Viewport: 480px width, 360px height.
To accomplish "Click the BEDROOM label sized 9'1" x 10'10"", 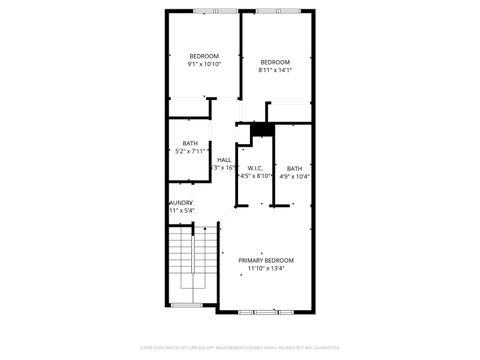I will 204,55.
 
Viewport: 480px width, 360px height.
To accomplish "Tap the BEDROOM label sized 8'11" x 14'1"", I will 274,62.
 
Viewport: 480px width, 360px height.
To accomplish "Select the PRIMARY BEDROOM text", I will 265,260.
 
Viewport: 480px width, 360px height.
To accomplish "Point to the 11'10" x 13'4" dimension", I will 265,268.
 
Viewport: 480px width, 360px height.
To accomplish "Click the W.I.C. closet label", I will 256,168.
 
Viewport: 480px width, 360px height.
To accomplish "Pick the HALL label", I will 224,160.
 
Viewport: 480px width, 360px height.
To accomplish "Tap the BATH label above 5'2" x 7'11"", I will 190,143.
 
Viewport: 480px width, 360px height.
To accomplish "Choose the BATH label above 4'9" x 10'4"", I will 294,168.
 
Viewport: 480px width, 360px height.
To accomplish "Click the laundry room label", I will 181,203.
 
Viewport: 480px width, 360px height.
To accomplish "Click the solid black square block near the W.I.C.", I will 262,128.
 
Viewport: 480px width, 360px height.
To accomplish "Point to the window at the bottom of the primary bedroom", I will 265,311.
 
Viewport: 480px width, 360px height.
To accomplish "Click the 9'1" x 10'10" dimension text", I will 204,63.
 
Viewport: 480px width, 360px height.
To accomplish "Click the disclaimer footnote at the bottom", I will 240,347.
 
